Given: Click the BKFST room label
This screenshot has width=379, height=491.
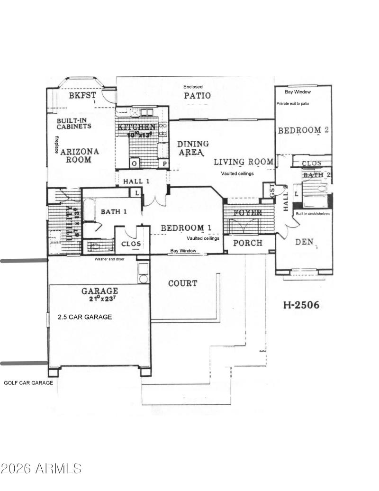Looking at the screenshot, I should point(82,95).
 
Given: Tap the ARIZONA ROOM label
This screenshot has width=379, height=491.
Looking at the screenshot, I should point(79,155).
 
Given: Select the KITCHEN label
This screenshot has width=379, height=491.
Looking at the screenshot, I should point(137,127).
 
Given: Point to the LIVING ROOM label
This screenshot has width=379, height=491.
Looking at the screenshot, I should point(244,162).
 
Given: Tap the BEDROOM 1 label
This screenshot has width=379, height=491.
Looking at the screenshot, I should point(186,228).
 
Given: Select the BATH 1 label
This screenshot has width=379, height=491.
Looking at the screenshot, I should point(114,211).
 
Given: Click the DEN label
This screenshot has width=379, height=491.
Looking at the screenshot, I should point(305,242).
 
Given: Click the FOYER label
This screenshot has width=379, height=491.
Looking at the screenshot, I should point(248,213).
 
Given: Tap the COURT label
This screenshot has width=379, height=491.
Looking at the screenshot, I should point(183,283).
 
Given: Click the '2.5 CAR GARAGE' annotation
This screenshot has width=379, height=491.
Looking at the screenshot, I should point(85,317).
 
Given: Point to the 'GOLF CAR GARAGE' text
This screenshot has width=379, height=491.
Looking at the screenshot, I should point(28,382).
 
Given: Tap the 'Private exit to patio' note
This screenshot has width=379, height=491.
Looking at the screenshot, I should point(293,103).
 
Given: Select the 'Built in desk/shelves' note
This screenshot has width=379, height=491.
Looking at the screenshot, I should point(313,214).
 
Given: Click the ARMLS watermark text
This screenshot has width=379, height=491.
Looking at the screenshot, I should point(41,469).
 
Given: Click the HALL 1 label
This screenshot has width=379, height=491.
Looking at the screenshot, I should point(136,182).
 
